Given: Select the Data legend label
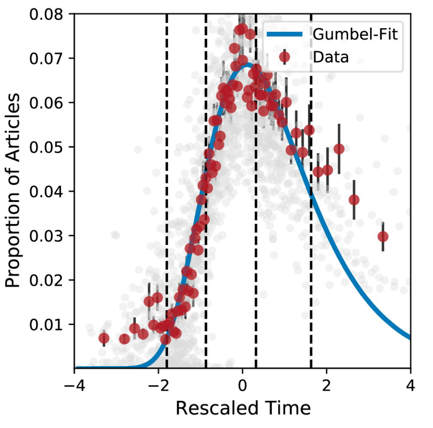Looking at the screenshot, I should pyautogui.click(x=331, y=57).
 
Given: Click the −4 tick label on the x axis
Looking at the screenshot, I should pyautogui.click(x=74, y=385).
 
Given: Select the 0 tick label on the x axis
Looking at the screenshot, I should pyautogui.click(x=242, y=385).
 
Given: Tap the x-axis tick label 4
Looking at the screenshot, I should pyautogui.click(x=410, y=385).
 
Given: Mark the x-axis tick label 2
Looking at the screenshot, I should pyautogui.click(x=327, y=385).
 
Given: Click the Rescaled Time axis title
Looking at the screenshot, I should pyautogui.click(x=243, y=409).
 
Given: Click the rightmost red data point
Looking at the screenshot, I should pyautogui.click(x=383, y=236).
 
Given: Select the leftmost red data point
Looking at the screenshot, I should pyautogui.click(x=104, y=338).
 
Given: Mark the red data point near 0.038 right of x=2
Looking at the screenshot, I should pyautogui.click(x=354, y=200).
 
